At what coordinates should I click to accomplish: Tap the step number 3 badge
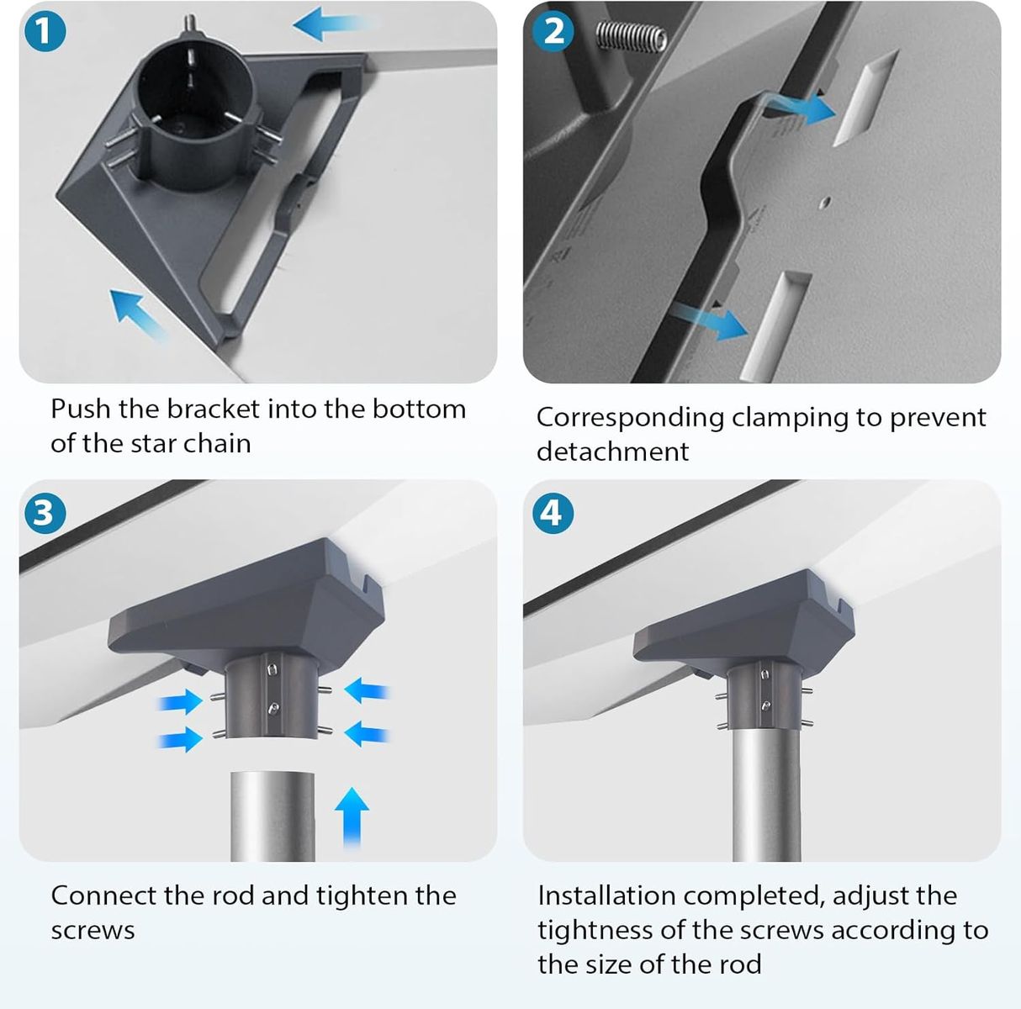click(x=45, y=513)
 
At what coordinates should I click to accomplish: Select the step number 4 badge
click(x=553, y=513)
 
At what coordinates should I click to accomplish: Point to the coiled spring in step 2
click(x=631, y=38)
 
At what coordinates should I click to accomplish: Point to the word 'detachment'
click(x=612, y=452)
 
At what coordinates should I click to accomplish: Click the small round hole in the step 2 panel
click(x=824, y=203)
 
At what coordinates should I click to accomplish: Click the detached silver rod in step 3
click(x=272, y=816)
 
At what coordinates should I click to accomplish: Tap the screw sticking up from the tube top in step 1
click(x=190, y=24)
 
